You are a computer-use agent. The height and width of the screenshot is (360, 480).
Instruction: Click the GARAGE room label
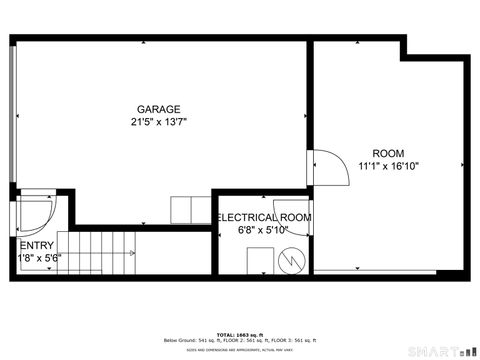(159, 109)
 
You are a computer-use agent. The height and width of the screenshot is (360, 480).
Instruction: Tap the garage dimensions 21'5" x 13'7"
(159, 122)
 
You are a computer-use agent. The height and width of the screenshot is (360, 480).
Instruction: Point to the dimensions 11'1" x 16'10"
(387, 166)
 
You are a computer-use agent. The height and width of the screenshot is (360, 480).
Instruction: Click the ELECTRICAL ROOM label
(264, 217)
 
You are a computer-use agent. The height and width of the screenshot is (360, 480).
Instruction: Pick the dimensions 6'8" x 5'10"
(263, 230)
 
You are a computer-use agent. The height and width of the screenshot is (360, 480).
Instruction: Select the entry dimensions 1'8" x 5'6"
(39, 257)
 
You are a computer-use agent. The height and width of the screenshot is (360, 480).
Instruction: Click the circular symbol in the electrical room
(291, 260)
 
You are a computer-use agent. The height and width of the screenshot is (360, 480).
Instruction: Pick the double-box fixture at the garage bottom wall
(189, 211)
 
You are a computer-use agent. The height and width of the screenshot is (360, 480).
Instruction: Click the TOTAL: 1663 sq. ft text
(239, 333)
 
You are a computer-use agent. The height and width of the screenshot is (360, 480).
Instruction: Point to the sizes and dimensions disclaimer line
(239, 350)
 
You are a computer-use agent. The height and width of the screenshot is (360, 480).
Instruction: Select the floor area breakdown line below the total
(239, 340)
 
